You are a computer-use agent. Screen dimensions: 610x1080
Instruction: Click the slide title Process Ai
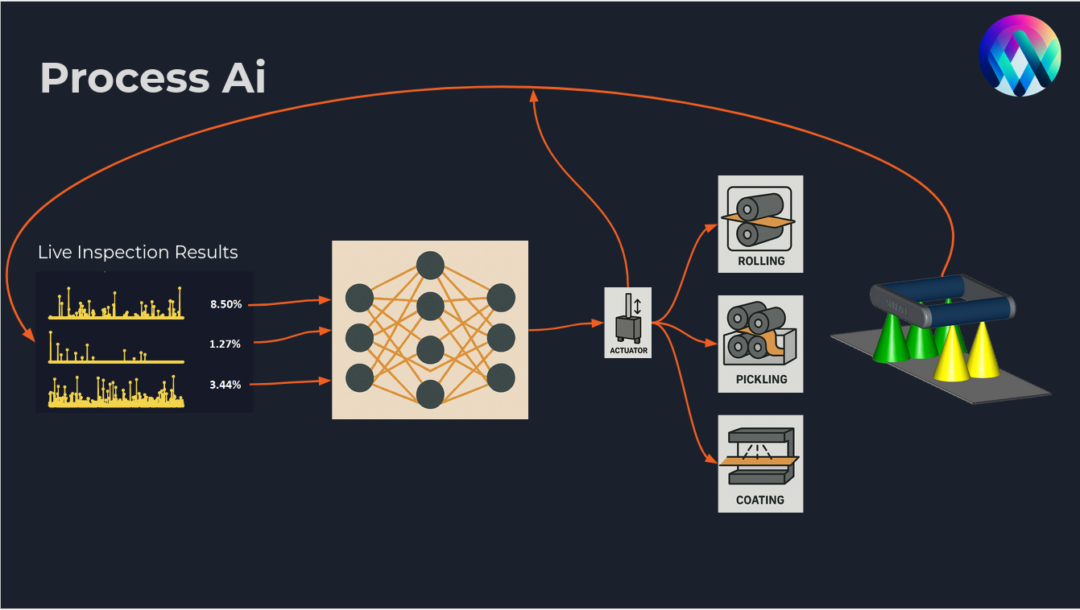153,78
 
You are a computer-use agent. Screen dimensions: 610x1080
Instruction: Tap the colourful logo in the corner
1019,56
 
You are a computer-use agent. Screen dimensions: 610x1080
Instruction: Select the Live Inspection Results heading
138,252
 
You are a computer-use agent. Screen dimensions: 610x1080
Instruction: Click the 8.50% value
226,304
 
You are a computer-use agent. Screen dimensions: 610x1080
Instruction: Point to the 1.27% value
226,344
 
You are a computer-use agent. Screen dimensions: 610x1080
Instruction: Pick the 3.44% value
226,385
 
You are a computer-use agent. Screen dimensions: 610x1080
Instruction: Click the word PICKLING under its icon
761,379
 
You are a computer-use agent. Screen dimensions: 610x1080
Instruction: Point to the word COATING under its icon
759,500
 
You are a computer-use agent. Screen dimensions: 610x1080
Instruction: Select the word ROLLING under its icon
761,261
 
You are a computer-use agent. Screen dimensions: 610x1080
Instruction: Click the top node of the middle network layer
430,265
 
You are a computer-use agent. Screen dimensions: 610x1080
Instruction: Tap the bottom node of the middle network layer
430,394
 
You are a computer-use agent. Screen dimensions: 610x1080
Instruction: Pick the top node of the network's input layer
359,298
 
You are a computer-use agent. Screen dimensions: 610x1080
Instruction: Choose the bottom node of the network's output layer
501,377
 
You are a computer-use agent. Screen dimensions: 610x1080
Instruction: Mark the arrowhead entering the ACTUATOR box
599,323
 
